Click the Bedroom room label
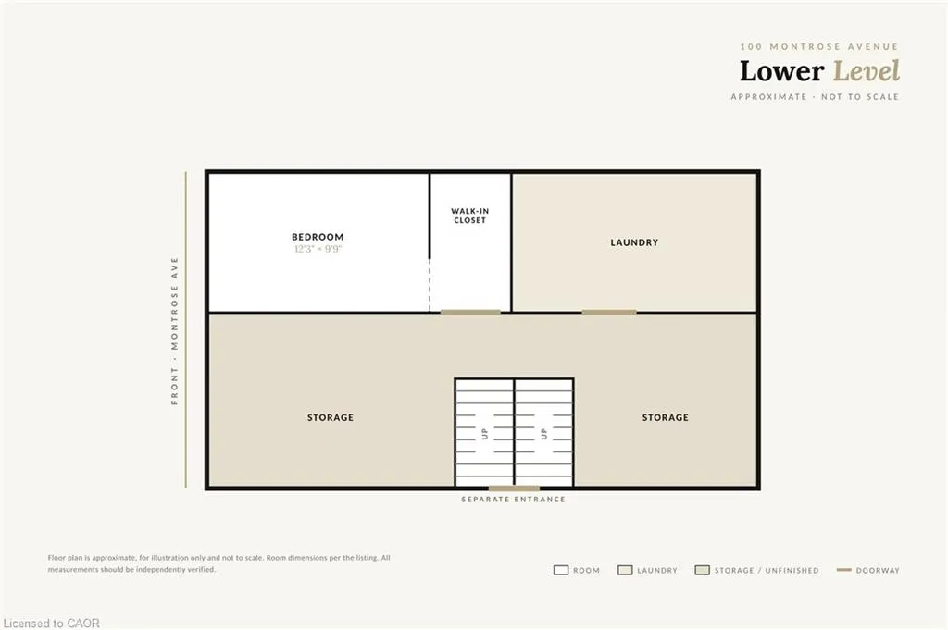[x=318, y=238]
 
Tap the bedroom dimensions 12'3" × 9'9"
[x=318, y=249]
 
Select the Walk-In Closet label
[x=469, y=216]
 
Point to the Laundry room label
[x=634, y=242]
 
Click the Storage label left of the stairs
[x=331, y=417]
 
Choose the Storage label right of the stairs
[x=665, y=417]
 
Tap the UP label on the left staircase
[x=484, y=433]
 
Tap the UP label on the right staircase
[x=543, y=433]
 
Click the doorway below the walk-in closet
[x=470, y=313]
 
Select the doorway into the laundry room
[x=609, y=313]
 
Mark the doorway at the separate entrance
[x=514, y=488]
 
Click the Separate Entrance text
[x=513, y=500]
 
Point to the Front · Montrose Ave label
[x=175, y=330]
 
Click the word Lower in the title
[x=781, y=70]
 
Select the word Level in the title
[x=867, y=70]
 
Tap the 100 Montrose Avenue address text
[x=819, y=46]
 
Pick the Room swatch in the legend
[x=561, y=570]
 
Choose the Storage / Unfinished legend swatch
[x=702, y=570]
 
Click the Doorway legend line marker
[x=844, y=570]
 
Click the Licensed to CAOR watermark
[x=52, y=623]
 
